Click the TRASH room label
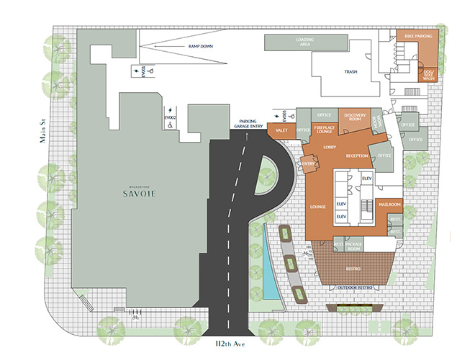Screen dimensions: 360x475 pos(350,72)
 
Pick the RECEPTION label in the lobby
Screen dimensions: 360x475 pos(357,156)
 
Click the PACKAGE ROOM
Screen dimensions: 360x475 pos(353,246)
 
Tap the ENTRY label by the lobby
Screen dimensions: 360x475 pos(309,164)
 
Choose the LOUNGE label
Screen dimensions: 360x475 pos(317,207)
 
